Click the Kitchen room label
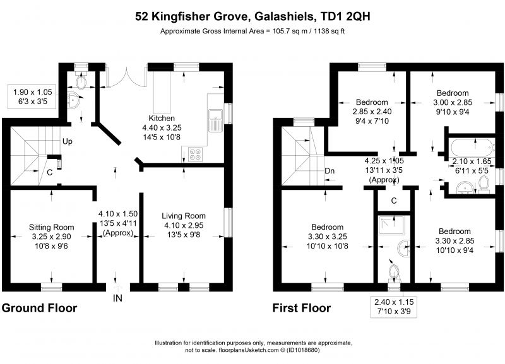(162, 118)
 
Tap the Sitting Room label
(52, 227)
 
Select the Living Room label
(184, 216)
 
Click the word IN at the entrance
(117, 298)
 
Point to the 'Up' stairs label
(66, 142)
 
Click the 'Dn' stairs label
(330, 170)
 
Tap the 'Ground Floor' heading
(39, 308)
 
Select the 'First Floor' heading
(301, 308)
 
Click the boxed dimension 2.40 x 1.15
(395, 306)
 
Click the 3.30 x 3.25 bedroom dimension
(326, 237)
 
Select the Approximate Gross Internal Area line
(256, 30)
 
